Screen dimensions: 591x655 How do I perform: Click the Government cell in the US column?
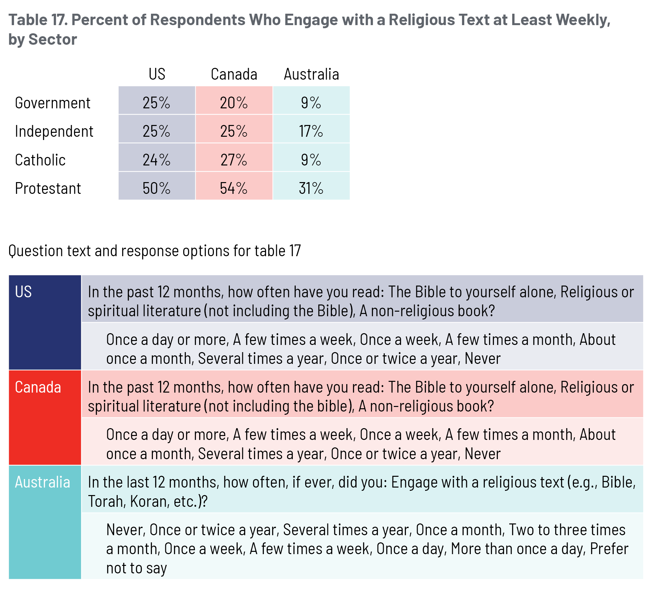click(x=156, y=103)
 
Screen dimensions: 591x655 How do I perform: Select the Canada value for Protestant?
click(x=234, y=188)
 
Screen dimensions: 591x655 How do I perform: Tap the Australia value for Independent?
click(x=311, y=131)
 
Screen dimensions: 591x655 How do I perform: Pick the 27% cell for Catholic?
click(x=234, y=160)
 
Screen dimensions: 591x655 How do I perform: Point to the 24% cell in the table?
click(x=156, y=160)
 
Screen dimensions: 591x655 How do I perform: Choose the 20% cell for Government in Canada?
click(x=234, y=103)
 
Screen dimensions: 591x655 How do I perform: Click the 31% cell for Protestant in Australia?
click(x=311, y=188)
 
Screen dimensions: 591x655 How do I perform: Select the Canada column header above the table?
click(x=234, y=74)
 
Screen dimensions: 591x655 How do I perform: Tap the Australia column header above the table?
click(x=311, y=74)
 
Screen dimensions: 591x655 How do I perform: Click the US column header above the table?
click(x=157, y=74)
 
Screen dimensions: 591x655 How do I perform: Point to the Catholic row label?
click(x=40, y=160)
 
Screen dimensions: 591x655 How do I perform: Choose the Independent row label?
click(x=54, y=131)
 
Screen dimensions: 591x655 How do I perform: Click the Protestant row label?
click(x=48, y=188)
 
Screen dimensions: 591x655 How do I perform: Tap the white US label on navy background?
click(x=23, y=291)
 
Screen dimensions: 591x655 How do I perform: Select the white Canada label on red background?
click(x=38, y=387)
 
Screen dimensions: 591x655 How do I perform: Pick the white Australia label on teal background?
click(x=42, y=482)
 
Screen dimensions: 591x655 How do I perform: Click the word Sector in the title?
click(x=53, y=39)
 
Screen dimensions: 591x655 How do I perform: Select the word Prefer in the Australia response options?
click(x=609, y=549)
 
